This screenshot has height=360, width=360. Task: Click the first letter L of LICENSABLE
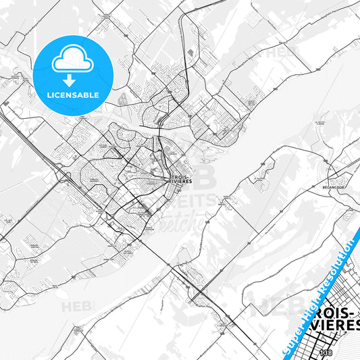click(x=50, y=95)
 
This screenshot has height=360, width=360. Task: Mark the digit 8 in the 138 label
click(x=330, y=353)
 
